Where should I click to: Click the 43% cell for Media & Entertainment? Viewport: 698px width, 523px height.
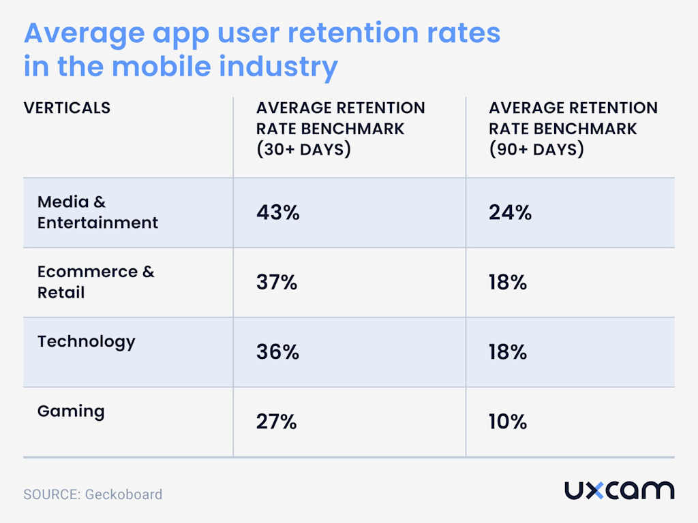click(x=277, y=212)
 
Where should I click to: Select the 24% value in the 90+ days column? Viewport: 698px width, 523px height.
click(x=510, y=212)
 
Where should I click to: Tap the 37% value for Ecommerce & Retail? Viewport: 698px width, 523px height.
click(x=277, y=283)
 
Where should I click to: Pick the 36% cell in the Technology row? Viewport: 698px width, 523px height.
click(x=277, y=352)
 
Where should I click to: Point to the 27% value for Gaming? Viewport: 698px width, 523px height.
click(x=277, y=422)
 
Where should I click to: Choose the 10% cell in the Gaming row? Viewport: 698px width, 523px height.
click(x=508, y=422)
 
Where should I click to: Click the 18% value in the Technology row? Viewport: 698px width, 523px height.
click(x=508, y=352)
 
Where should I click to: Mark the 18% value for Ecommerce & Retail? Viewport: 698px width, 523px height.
click(x=508, y=283)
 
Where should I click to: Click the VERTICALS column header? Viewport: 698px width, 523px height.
click(x=67, y=108)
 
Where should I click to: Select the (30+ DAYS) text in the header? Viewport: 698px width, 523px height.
click(x=303, y=149)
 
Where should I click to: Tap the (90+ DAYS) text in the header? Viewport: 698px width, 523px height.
click(x=536, y=149)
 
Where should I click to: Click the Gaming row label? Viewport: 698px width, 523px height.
click(x=71, y=411)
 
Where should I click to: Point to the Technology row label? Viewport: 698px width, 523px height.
click(x=86, y=341)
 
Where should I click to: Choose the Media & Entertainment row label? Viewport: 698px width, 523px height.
click(x=97, y=212)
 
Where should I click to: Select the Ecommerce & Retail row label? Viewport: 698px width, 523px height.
click(x=95, y=282)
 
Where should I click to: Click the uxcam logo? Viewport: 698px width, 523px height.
click(x=619, y=490)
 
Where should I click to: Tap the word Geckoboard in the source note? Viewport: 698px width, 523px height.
click(x=123, y=494)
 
